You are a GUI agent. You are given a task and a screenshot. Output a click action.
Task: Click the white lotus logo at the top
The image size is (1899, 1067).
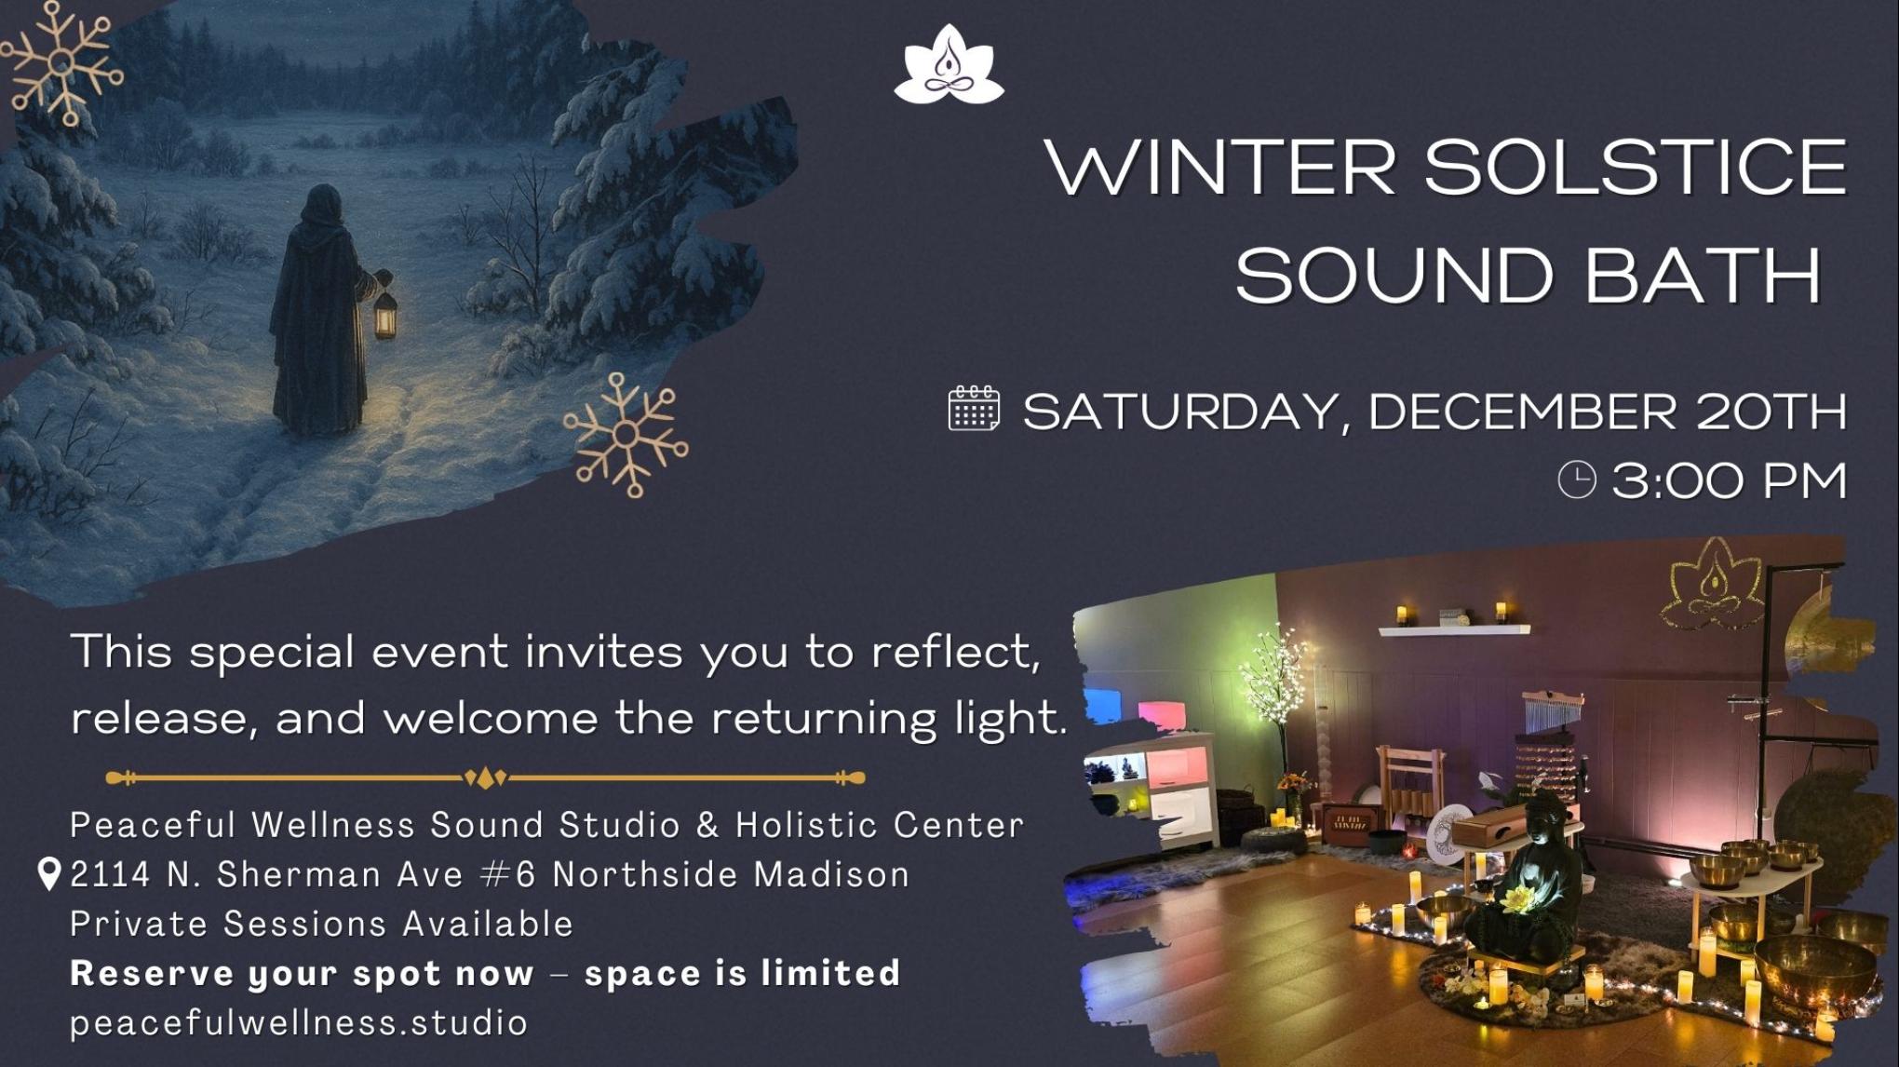(x=949, y=64)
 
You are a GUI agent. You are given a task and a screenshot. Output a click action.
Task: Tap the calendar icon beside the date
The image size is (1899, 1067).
(x=974, y=409)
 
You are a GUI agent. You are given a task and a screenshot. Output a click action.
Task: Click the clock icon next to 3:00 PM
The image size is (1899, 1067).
(x=1577, y=479)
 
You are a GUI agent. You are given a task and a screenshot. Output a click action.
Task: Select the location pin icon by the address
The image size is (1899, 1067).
(x=48, y=874)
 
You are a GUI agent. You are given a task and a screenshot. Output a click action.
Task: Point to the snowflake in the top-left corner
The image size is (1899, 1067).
(x=61, y=62)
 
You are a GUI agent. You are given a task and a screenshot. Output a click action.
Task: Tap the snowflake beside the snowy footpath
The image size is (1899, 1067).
(x=626, y=435)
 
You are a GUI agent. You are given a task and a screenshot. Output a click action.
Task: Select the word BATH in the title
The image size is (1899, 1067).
(x=1703, y=276)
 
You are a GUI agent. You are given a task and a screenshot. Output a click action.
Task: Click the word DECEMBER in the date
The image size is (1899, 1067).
(x=1521, y=412)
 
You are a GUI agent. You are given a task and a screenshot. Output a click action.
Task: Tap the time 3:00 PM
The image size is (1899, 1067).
(x=1729, y=480)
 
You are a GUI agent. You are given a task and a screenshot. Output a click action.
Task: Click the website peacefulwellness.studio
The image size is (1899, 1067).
(x=299, y=1022)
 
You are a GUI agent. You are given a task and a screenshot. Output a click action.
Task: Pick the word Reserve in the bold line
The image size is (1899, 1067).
(x=150, y=973)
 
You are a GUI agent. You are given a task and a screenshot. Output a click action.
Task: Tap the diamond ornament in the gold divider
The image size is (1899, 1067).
(x=485, y=777)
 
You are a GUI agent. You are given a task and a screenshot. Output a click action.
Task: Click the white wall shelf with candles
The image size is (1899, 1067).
(x=1452, y=628)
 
